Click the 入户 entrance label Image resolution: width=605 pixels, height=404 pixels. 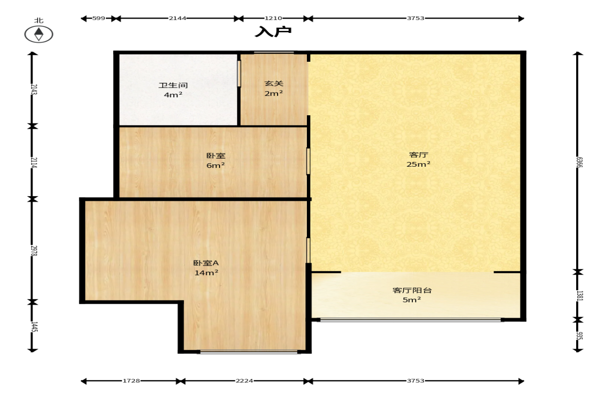[x=273, y=31]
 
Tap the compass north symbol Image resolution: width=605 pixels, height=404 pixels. [x=39, y=34]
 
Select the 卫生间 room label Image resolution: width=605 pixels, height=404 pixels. [x=173, y=85]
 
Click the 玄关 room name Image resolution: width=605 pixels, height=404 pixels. [x=274, y=83]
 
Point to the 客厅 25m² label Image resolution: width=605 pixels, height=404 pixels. [x=418, y=159]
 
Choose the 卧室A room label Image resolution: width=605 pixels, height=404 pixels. [x=206, y=262]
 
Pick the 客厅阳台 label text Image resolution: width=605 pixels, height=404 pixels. [x=412, y=290]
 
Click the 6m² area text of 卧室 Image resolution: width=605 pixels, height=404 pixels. [x=216, y=165]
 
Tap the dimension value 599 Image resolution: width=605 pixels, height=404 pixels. [x=99, y=18]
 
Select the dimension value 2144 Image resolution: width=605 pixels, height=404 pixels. [x=177, y=18]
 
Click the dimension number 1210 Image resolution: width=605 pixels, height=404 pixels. [x=273, y=18]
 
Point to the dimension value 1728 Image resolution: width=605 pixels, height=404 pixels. [x=131, y=381]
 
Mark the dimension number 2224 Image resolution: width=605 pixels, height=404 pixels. [x=244, y=381]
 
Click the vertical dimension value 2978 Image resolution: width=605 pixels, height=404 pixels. [x=34, y=251]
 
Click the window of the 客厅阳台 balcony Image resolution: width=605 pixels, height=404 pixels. [x=411, y=320]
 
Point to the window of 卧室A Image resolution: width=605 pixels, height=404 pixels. [x=249, y=352]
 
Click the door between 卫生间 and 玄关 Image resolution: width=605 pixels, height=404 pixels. [x=239, y=74]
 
